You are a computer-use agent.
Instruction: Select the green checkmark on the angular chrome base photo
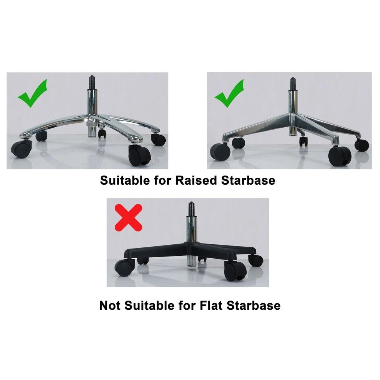[230, 93]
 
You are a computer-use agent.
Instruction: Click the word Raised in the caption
[196, 180]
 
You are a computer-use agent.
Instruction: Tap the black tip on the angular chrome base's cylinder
[292, 83]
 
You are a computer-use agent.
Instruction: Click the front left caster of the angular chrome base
[220, 152]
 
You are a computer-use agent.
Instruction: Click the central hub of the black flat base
[190, 245]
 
